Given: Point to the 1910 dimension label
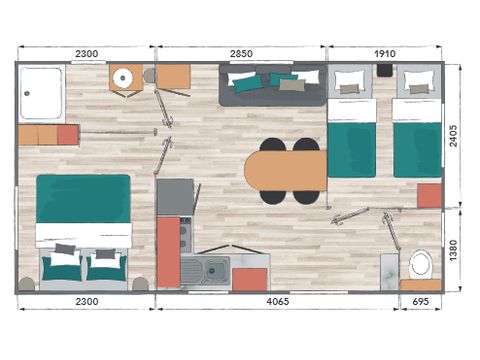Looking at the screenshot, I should pyautogui.click(x=385, y=53).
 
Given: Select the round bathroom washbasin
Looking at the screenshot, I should pyautogui.click(x=125, y=78).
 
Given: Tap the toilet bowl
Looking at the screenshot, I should pyautogui.click(x=420, y=264).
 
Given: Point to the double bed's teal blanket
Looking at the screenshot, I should pyautogui.click(x=84, y=199).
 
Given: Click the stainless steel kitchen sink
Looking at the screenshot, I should pyautogui.click(x=213, y=268).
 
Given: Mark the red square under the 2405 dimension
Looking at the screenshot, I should pyautogui.click(x=429, y=195).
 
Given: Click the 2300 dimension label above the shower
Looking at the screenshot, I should pyautogui.click(x=85, y=53).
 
